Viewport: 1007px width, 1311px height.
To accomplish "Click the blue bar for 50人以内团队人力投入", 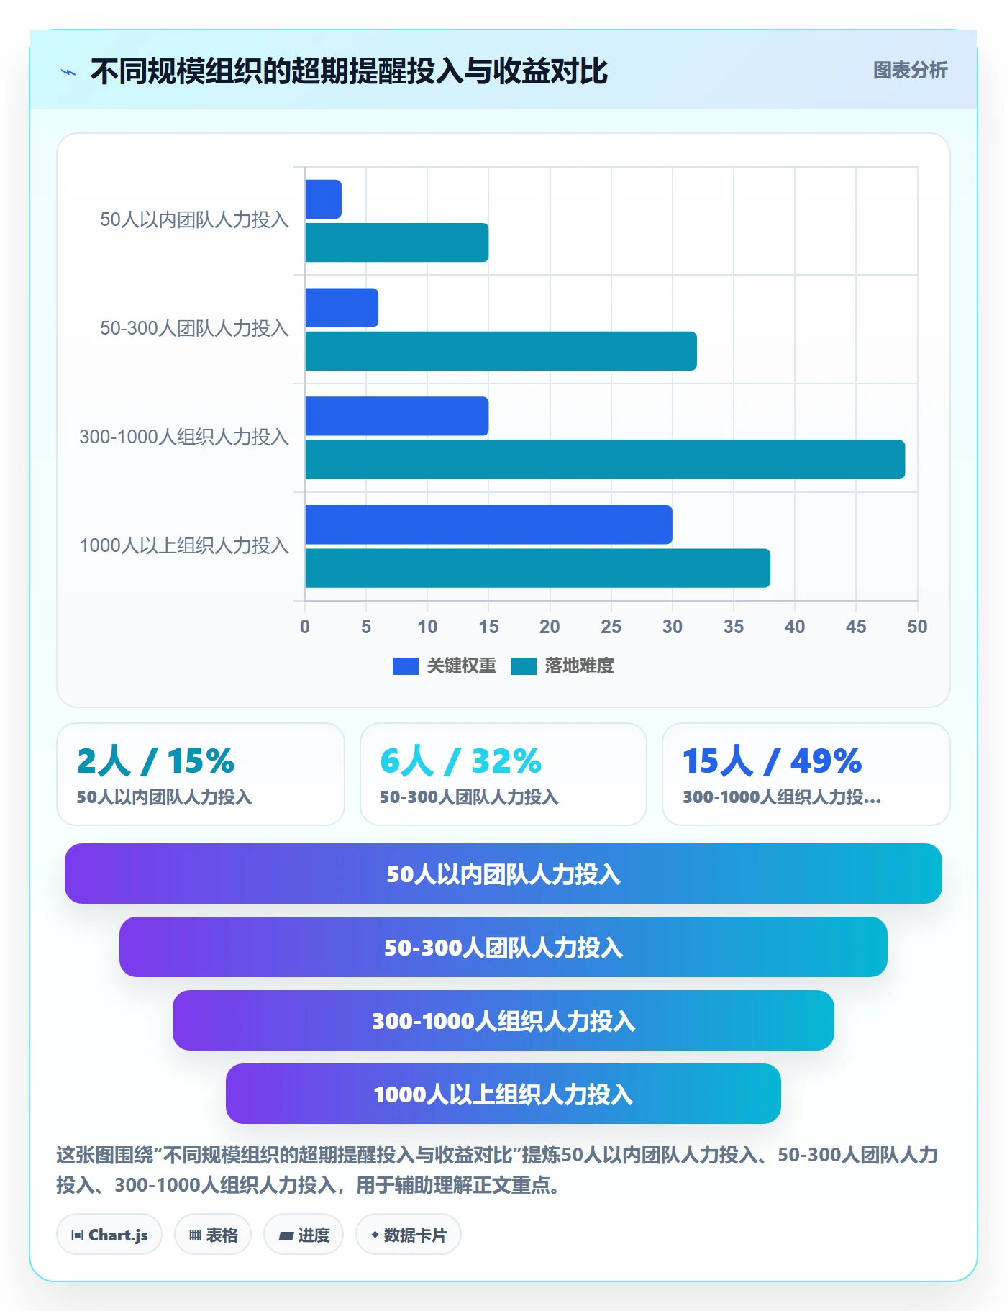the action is coord(323,199).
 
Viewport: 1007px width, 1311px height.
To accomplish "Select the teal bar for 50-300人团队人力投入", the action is coord(501,351).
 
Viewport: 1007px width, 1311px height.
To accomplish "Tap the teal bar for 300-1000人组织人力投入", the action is coord(605,460).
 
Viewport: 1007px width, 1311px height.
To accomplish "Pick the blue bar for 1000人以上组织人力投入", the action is coord(488,525).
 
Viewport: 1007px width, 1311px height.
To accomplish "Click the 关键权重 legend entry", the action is coord(445,666).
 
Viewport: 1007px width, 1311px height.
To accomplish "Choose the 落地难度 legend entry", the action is coord(562,666).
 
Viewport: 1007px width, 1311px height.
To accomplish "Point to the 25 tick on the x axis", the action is coord(611,627).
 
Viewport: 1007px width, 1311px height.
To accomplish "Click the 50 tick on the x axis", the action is coord(917,627).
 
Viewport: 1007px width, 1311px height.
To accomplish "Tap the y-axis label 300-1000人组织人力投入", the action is coord(184,437).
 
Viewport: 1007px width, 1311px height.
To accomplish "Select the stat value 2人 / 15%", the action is coord(155,761).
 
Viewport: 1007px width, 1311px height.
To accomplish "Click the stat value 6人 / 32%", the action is coord(460,761).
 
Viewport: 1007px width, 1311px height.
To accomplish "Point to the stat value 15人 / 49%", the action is coord(772,761).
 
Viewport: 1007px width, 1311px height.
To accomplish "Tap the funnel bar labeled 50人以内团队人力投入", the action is coord(503,874).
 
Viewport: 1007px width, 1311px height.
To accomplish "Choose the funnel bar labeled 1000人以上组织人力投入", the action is coord(503,1094).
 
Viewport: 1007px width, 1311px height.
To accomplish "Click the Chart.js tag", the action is coord(109,1235).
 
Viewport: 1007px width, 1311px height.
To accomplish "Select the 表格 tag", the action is coord(213,1235).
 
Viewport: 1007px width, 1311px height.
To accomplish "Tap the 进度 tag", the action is coord(304,1235).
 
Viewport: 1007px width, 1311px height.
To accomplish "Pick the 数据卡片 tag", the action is coord(409,1235).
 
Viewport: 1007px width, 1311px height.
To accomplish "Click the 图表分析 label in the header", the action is coord(910,71).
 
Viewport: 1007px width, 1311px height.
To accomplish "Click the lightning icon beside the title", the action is coord(68,72).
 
